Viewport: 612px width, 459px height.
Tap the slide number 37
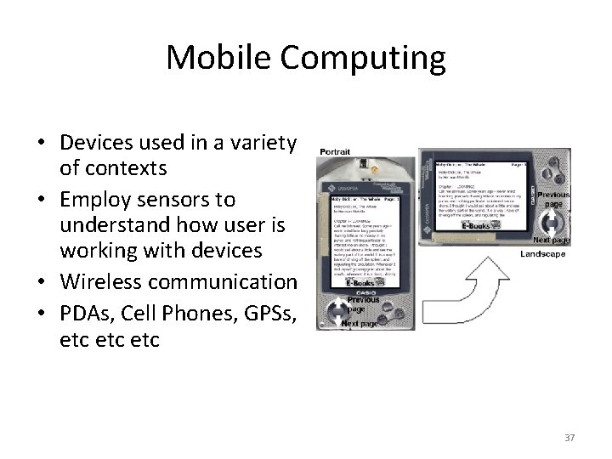point(569,437)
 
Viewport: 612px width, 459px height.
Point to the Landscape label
point(544,254)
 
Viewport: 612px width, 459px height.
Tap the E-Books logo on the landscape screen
point(479,226)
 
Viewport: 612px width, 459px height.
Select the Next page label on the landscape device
point(552,241)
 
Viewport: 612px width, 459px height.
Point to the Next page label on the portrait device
point(358,323)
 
